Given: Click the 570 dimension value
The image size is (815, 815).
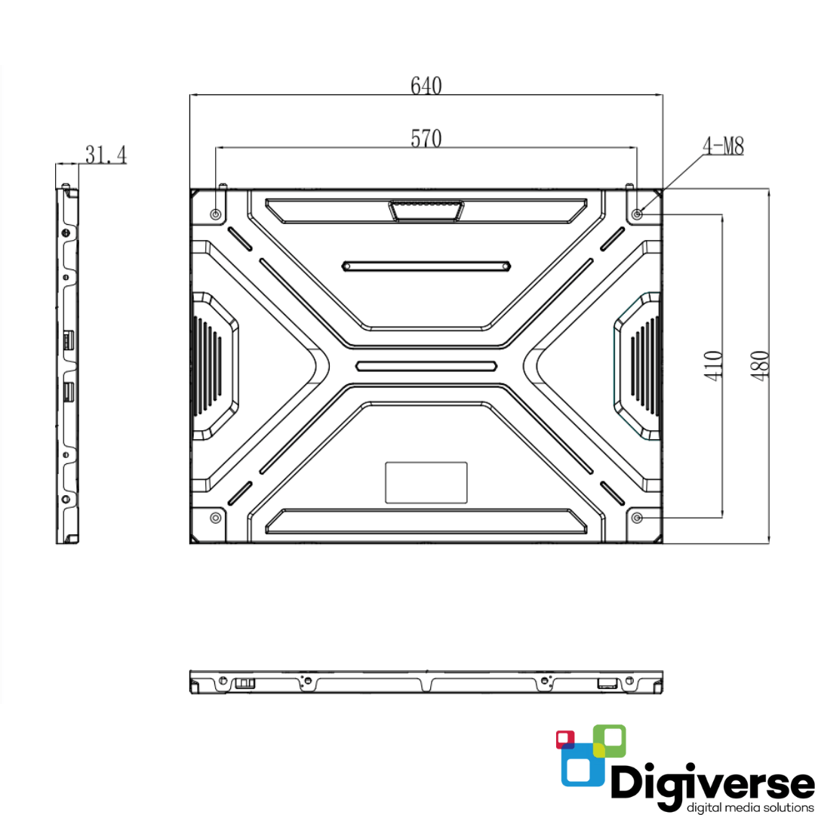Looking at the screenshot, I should (426, 138).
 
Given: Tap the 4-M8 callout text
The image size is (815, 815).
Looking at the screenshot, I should (724, 147).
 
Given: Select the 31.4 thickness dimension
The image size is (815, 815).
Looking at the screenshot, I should (106, 155).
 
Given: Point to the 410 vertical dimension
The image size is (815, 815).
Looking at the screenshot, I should (715, 365).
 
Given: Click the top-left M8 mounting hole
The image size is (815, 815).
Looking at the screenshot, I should (217, 214).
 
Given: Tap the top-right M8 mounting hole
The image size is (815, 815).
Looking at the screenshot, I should (638, 214).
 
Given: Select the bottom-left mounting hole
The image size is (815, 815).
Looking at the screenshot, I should (216, 518).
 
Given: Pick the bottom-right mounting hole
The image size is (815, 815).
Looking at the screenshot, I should (638, 518).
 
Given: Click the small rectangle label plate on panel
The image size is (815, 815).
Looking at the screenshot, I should (426, 482).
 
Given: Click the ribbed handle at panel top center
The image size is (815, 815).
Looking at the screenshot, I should (426, 210).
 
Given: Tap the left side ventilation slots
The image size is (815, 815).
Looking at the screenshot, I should (211, 365).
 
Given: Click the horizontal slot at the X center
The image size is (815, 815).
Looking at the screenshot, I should (426, 366).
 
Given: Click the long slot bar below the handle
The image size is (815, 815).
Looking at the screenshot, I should (426, 266).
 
